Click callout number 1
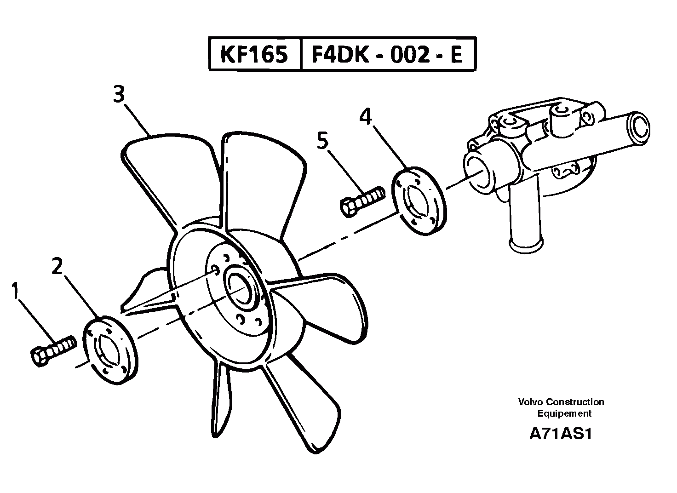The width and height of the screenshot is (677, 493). tap(16, 291)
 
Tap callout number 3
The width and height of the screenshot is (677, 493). tap(119, 95)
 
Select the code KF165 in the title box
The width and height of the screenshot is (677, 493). tap(254, 55)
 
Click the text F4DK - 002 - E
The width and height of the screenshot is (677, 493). tap(387, 55)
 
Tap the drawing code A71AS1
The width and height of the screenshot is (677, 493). tap(560, 434)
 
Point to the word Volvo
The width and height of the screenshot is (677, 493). tap(528, 402)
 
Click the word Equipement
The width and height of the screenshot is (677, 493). tap(564, 413)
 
